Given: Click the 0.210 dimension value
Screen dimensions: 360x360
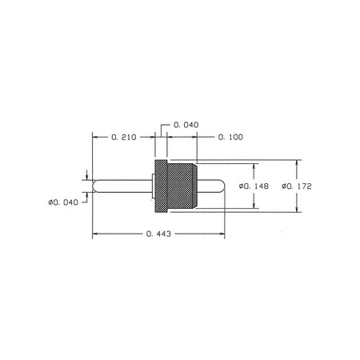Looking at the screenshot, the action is click(124, 138).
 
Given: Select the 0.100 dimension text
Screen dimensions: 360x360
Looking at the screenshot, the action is click(230, 137).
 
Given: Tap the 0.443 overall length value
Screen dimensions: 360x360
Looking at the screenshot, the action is click(158, 234).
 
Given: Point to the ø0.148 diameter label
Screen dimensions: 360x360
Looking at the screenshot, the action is click(254, 186).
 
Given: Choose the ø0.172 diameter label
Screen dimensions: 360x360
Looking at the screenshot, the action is click(297, 186).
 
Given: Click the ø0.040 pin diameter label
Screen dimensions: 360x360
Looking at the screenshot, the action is click(63, 202).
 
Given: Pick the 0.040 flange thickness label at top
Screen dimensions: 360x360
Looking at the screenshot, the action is click(186, 125).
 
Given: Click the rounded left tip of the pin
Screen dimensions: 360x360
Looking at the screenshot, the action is click(94, 186).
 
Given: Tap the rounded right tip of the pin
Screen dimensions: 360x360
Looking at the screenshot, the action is click(223, 186).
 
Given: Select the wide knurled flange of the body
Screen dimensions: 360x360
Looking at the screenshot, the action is click(161, 186).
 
